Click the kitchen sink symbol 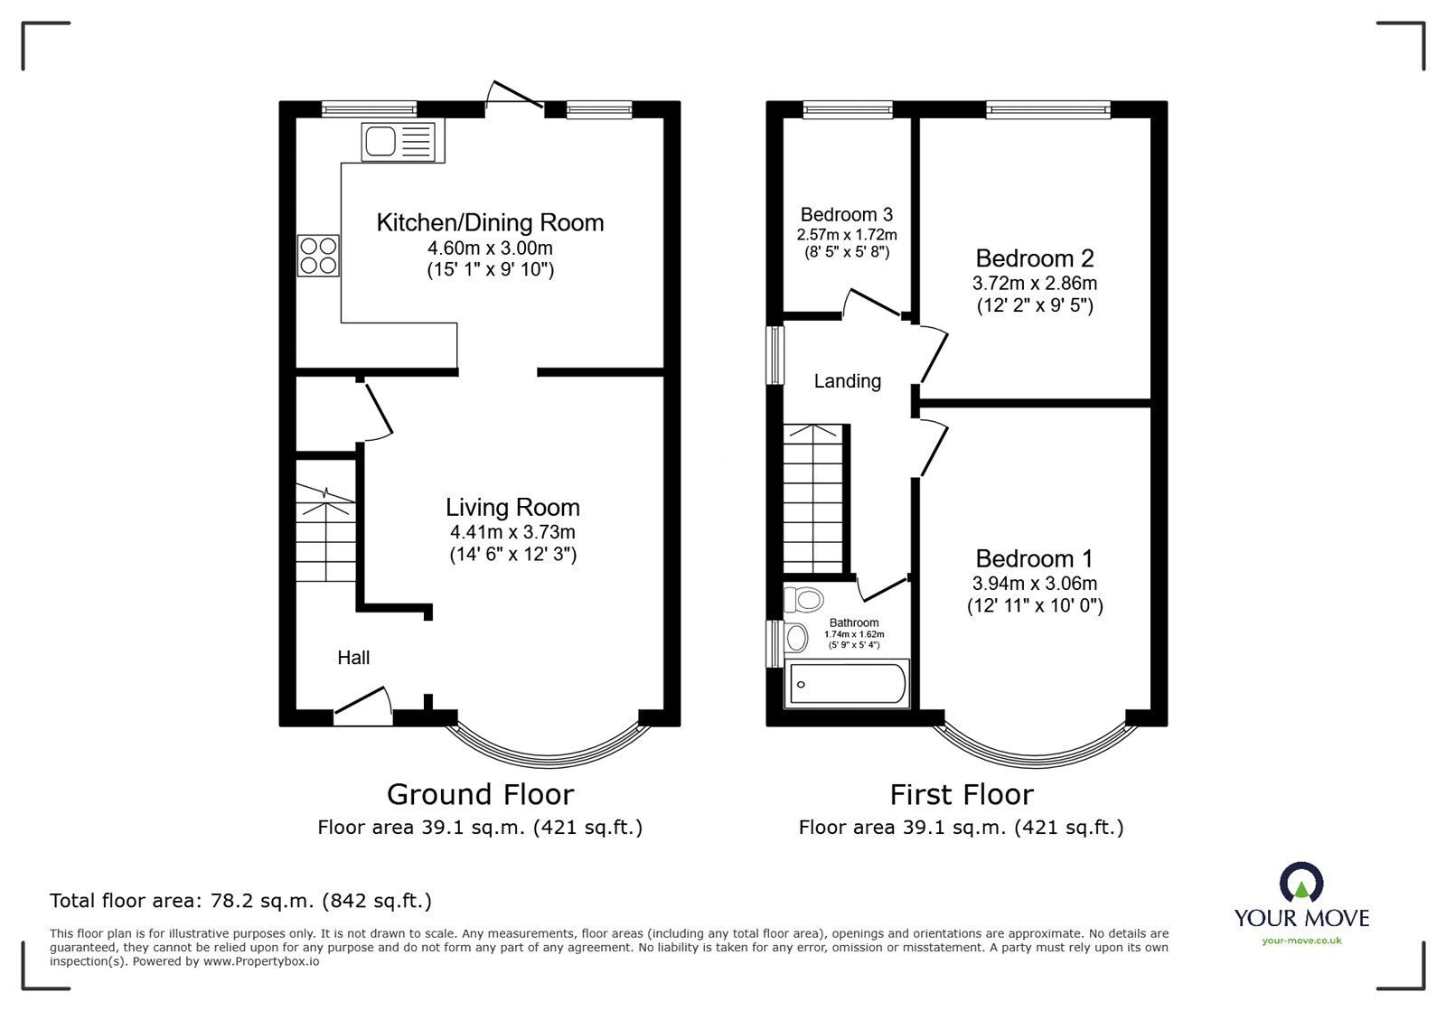(x=398, y=142)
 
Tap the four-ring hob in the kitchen (x=318, y=255)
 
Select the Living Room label (x=512, y=507)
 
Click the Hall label (x=353, y=658)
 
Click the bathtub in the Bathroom (x=846, y=685)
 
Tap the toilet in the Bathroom (x=803, y=599)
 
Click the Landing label (x=847, y=381)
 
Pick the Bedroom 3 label (x=846, y=215)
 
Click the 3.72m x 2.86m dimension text (x=1034, y=283)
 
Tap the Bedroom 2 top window (x=1047, y=109)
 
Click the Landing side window (x=775, y=355)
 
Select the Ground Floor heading (x=480, y=794)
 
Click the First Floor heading (x=961, y=794)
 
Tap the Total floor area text (x=240, y=901)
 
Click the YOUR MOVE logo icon (x=1301, y=882)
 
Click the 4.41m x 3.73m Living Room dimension (x=512, y=532)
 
